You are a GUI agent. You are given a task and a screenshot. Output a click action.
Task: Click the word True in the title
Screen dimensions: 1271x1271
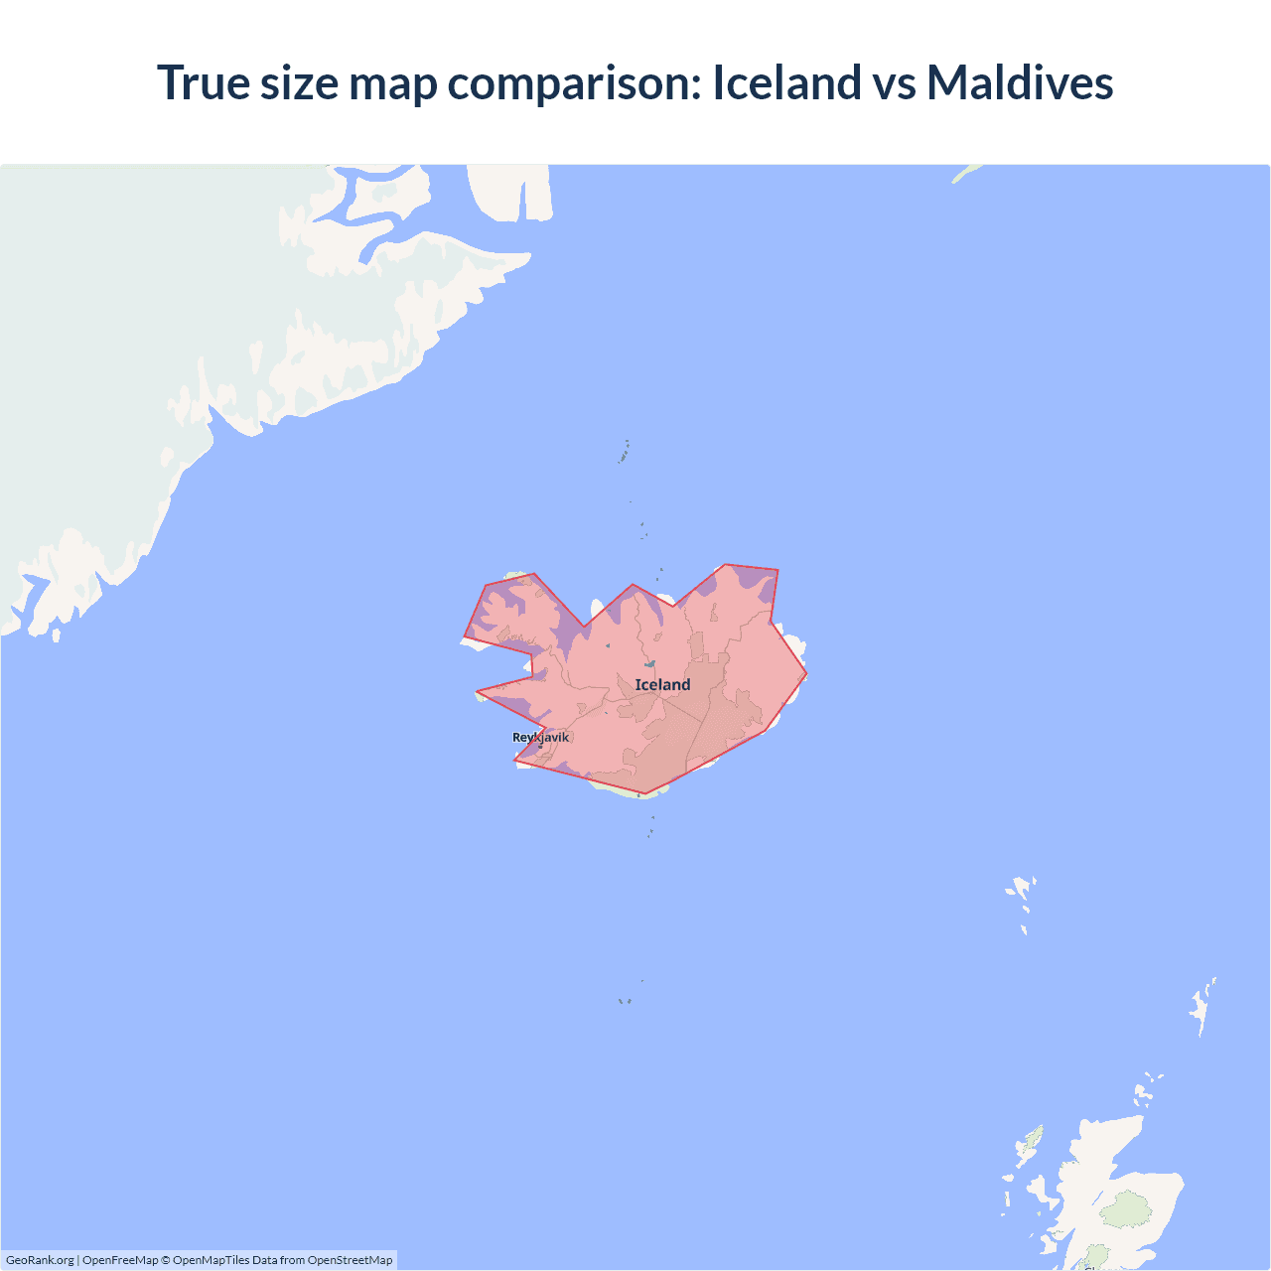[x=203, y=82]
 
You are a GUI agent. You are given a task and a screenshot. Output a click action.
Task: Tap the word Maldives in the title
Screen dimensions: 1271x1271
[x=1020, y=82]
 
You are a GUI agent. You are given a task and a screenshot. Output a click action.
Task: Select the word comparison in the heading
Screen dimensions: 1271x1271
[x=574, y=84]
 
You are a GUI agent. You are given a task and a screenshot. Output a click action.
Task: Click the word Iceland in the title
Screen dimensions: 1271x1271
[x=786, y=82]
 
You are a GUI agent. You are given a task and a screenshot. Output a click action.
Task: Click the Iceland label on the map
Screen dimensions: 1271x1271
[x=662, y=684]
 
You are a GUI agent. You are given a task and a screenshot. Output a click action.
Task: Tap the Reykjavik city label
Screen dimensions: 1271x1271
[x=540, y=737]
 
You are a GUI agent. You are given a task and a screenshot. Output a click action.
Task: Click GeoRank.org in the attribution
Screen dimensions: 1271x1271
[x=40, y=1260]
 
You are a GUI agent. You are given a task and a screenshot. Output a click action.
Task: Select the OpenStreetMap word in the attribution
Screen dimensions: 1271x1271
[x=350, y=1260]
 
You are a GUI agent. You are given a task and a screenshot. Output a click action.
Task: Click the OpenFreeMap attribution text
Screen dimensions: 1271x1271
[x=120, y=1260]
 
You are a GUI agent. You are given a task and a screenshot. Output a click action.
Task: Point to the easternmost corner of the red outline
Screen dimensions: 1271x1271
[x=806, y=674]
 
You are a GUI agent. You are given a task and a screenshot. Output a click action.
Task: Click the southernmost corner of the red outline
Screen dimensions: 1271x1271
[x=645, y=793]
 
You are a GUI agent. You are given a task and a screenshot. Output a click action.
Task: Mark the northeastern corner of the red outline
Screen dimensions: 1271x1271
[x=777, y=570]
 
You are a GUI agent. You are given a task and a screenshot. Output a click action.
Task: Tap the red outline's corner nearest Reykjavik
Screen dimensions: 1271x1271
[x=514, y=761]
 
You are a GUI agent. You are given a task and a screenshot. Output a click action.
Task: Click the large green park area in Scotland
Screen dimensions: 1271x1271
[x=1126, y=1208]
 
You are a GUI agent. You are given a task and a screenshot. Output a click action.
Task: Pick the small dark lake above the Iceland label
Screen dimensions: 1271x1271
[x=650, y=663]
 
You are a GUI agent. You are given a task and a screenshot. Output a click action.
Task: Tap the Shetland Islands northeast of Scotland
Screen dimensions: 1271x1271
[x=1202, y=1005]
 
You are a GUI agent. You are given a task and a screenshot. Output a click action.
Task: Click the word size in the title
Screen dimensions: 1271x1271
[x=300, y=82]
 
